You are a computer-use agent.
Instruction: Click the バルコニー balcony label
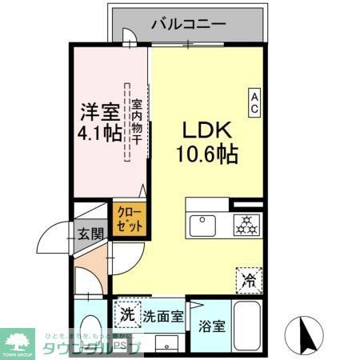[187, 24]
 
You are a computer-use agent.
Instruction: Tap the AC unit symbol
[255, 102]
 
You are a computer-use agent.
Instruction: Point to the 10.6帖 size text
[207, 154]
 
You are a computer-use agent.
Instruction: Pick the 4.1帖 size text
[100, 132]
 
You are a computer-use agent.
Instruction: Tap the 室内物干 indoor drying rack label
[136, 122]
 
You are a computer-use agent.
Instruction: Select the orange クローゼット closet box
[130, 219]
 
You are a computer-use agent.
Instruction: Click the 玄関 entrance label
[90, 234]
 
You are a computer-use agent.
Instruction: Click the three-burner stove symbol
[246, 225]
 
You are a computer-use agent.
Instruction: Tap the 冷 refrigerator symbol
[249, 279]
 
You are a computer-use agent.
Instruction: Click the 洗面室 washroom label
[163, 315]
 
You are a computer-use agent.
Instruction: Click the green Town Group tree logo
[19, 339]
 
